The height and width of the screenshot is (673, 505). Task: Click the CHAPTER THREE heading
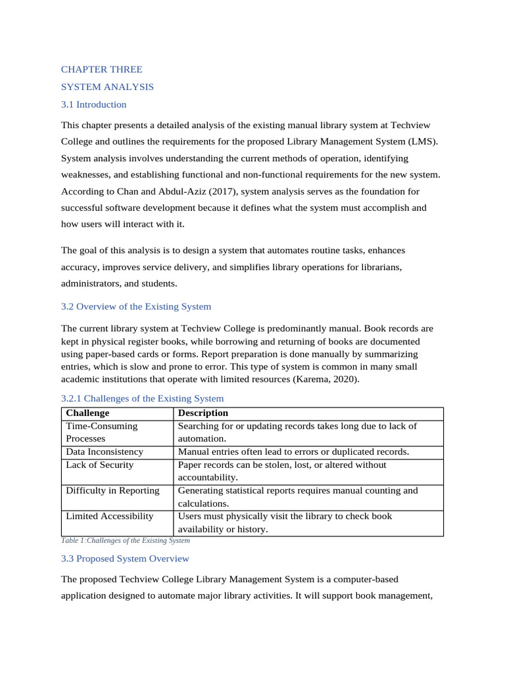(x=101, y=69)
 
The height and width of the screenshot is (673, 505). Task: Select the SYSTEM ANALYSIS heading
(x=107, y=87)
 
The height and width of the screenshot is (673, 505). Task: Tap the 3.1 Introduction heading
(x=93, y=104)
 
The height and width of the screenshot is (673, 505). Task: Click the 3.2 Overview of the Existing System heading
(x=136, y=306)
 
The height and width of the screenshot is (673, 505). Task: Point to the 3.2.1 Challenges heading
(x=142, y=398)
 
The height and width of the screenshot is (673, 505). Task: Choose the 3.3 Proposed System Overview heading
(x=125, y=558)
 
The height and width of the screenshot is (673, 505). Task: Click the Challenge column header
(x=87, y=413)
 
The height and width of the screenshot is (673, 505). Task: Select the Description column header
(x=203, y=413)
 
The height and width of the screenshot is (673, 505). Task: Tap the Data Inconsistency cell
(x=104, y=452)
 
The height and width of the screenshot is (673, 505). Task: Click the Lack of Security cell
(x=99, y=465)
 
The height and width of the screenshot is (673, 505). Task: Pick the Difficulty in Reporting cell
(x=112, y=490)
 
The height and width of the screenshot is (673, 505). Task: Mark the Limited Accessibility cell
(x=109, y=516)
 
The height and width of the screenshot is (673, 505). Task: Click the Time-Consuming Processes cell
(x=101, y=432)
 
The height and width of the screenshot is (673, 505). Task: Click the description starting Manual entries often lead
(x=293, y=452)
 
